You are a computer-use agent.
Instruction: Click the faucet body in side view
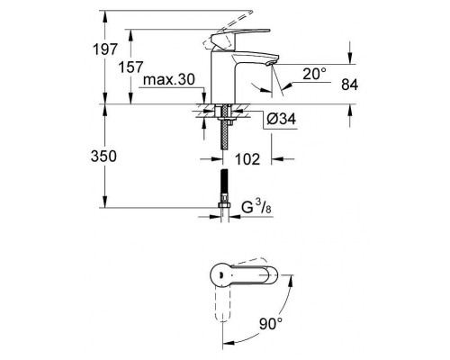[x=221, y=76]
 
